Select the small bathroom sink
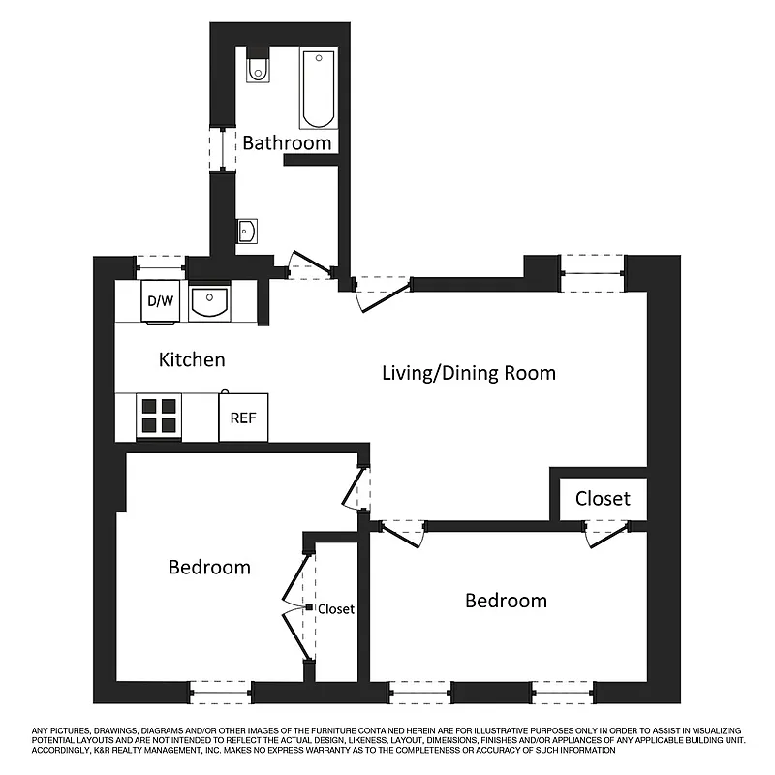pos(246,231)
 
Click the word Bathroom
pos(287,143)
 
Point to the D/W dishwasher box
pos(161,300)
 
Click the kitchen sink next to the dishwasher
pos(208,302)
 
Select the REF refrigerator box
pos(242,418)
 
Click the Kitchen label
pos(192,360)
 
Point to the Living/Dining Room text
pos(469,373)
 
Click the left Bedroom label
pos(209,567)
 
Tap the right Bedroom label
pos(506,601)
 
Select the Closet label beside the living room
pos(603,499)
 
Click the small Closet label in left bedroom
pos(335,609)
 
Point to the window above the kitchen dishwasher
pos(161,263)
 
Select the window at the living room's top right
pos(593,273)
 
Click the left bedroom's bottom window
pos(221,693)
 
